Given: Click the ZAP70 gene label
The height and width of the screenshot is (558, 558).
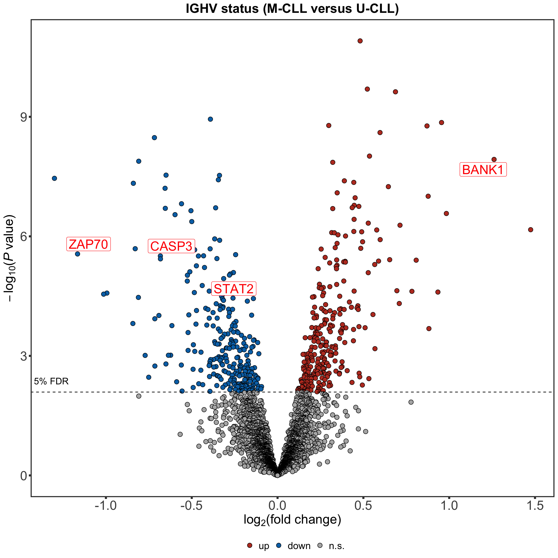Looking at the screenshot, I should coord(88,244).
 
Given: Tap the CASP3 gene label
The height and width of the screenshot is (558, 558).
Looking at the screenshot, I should coord(171,246).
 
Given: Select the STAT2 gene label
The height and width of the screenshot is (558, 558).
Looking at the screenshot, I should coord(234,288).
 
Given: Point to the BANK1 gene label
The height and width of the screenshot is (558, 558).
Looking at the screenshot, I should coord(483,170).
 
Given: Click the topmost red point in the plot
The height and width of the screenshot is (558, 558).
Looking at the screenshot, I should coord(360,41).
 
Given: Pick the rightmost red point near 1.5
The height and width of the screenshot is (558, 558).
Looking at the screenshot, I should coord(530,230).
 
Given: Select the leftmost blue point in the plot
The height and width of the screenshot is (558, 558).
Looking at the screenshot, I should coord(54,178).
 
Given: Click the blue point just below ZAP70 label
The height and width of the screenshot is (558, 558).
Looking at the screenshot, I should coord(77,254).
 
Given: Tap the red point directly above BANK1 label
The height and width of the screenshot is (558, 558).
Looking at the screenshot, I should coord(494,159).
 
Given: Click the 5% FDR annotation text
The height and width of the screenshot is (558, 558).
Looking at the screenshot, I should coord(51,381).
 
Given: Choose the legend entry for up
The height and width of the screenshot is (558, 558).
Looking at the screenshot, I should coord(258,546).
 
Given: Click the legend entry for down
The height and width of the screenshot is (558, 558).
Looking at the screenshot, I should coord(294,546).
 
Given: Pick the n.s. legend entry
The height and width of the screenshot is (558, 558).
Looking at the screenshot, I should coord(331,546).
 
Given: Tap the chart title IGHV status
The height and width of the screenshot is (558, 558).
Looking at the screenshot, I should coord(292,9).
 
